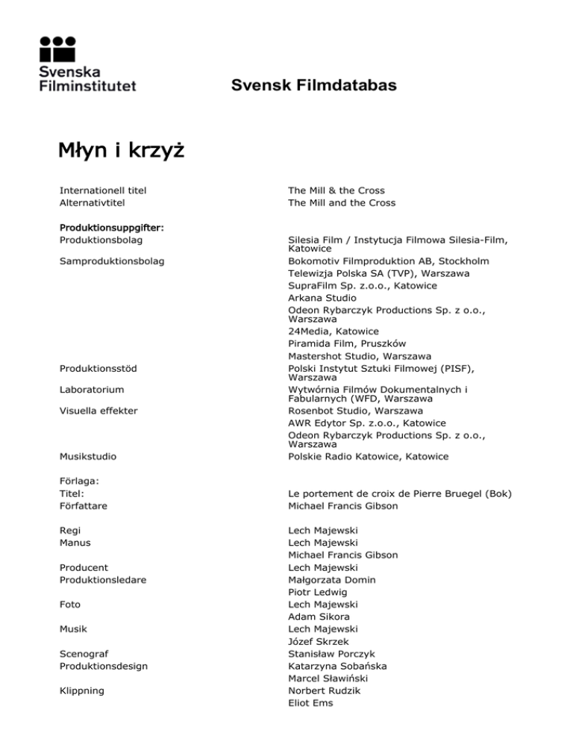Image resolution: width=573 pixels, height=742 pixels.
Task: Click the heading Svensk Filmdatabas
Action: click(313, 87)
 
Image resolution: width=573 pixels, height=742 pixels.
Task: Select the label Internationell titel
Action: click(103, 190)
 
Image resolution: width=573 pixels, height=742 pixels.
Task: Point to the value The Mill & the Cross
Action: click(336, 190)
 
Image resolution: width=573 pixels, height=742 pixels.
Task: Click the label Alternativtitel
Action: click(92, 202)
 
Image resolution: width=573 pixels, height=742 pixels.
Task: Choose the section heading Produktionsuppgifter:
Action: click(112, 226)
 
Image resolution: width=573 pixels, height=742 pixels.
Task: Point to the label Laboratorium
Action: click(92, 389)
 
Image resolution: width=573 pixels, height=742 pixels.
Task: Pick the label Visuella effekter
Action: click(98, 410)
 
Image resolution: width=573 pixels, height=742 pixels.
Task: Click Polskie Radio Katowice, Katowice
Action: click(369, 456)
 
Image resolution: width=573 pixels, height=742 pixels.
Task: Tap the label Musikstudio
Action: click(88, 456)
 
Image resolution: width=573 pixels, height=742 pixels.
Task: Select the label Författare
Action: click(84, 505)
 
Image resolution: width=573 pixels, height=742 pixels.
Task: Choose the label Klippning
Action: click(84, 690)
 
